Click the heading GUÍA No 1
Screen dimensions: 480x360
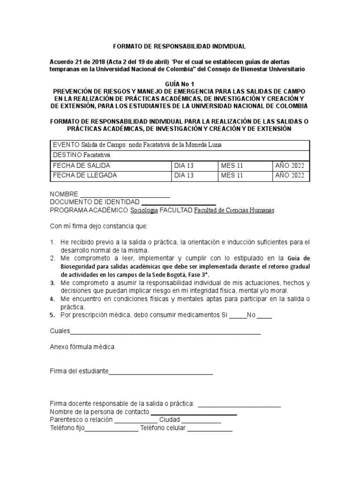[x=180, y=82]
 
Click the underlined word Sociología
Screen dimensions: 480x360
[x=144, y=210]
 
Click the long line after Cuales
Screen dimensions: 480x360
[x=165, y=333]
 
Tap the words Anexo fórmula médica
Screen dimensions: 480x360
[x=82, y=347]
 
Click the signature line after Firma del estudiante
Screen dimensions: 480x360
[x=161, y=373]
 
